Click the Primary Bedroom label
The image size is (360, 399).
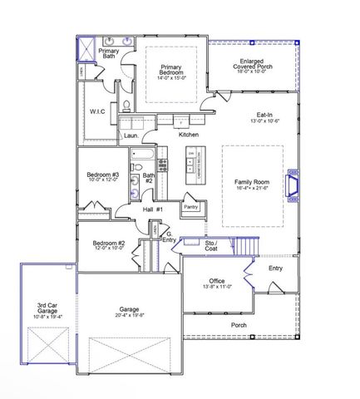(x=172, y=71)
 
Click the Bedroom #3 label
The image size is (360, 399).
(x=104, y=176)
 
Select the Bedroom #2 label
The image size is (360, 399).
(x=109, y=245)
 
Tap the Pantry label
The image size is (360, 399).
(x=191, y=205)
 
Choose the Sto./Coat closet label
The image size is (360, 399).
(x=210, y=245)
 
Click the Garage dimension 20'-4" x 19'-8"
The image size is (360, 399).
(x=128, y=316)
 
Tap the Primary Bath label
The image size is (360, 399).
(x=107, y=53)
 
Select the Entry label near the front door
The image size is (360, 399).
(x=274, y=268)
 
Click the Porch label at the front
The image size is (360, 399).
(x=238, y=325)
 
